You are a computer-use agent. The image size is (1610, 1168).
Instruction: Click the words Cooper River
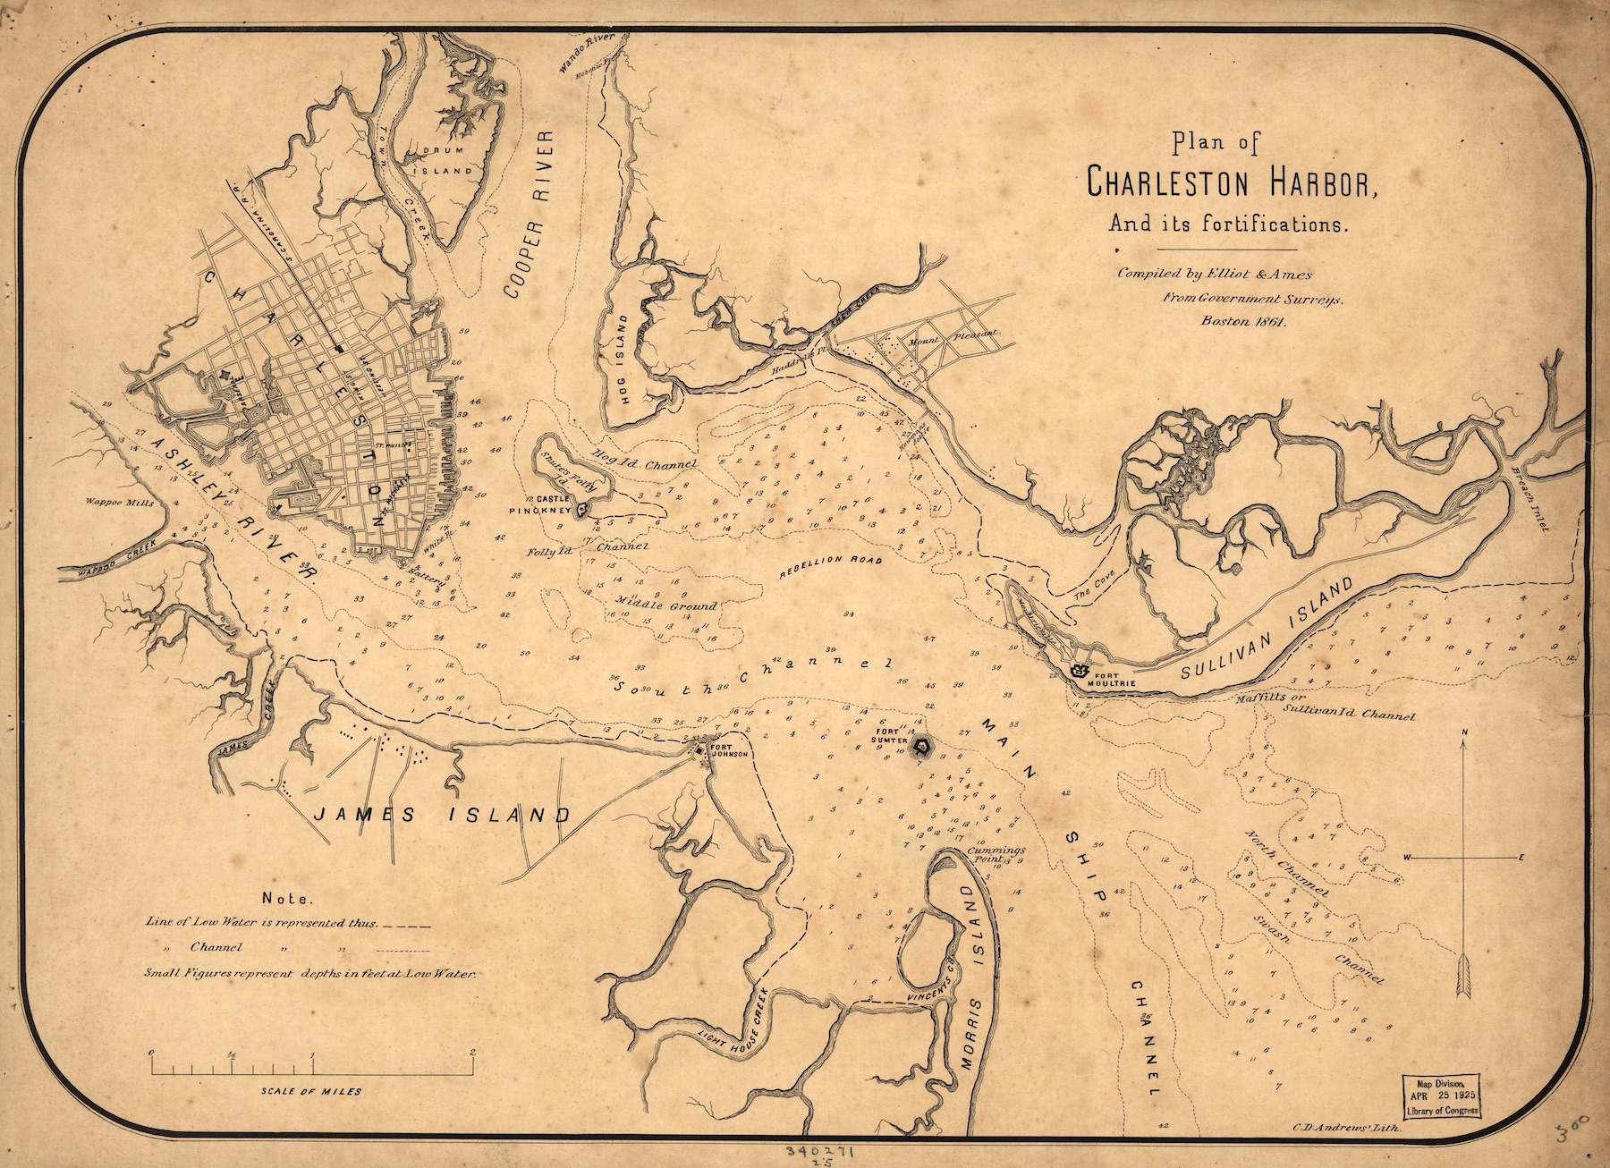[x=527, y=213]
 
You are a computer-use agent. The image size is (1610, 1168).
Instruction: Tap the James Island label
[x=441, y=815]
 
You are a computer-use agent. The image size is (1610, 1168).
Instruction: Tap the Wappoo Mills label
[x=120, y=503]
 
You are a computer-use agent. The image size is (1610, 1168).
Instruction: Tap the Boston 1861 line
[x=1243, y=323]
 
